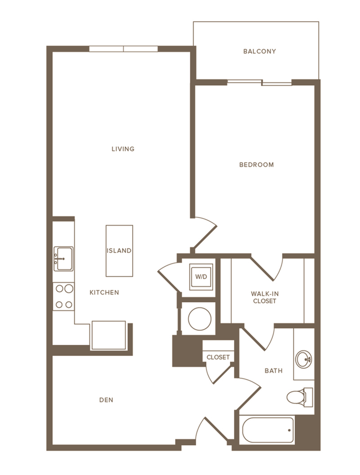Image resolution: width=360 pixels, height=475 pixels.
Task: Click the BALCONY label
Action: tap(259, 51)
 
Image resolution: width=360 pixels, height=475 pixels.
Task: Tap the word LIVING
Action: tap(123, 149)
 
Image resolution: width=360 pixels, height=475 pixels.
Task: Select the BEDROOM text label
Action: tap(256, 165)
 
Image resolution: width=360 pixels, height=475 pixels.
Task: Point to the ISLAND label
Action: tap(119, 251)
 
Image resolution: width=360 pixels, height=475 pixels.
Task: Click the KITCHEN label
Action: tap(104, 292)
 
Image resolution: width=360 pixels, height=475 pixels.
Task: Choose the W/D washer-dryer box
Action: tap(200, 277)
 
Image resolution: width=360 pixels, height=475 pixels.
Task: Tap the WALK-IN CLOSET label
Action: tap(264, 297)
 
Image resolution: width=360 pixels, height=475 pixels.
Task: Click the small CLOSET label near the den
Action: tap(218, 357)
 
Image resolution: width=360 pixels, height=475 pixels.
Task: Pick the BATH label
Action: tap(273, 371)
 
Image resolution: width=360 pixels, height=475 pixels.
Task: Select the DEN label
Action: tap(106, 399)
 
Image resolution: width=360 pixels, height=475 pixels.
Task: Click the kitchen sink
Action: tap(63, 259)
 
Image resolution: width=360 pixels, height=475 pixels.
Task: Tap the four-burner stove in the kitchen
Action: tap(63, 297)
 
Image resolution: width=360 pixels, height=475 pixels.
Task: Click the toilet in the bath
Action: tap(297, 396)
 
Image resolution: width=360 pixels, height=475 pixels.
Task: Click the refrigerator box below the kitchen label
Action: tap(108, 335)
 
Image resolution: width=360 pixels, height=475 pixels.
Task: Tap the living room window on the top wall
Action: tap(124, 49)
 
